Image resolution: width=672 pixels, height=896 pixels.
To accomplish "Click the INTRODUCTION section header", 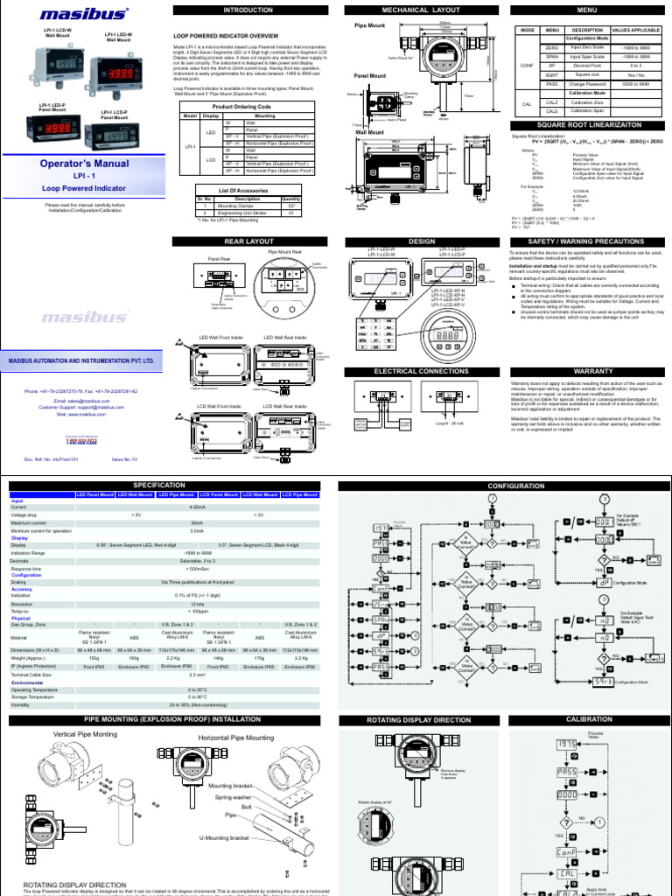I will click(x=248, y=10).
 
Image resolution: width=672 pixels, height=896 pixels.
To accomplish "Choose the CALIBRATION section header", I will click(x=583, y=719).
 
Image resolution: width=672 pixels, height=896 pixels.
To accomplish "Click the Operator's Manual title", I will click(x=86, y=164).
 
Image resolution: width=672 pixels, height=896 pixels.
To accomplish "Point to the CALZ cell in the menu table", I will click(x=552, y=102).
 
